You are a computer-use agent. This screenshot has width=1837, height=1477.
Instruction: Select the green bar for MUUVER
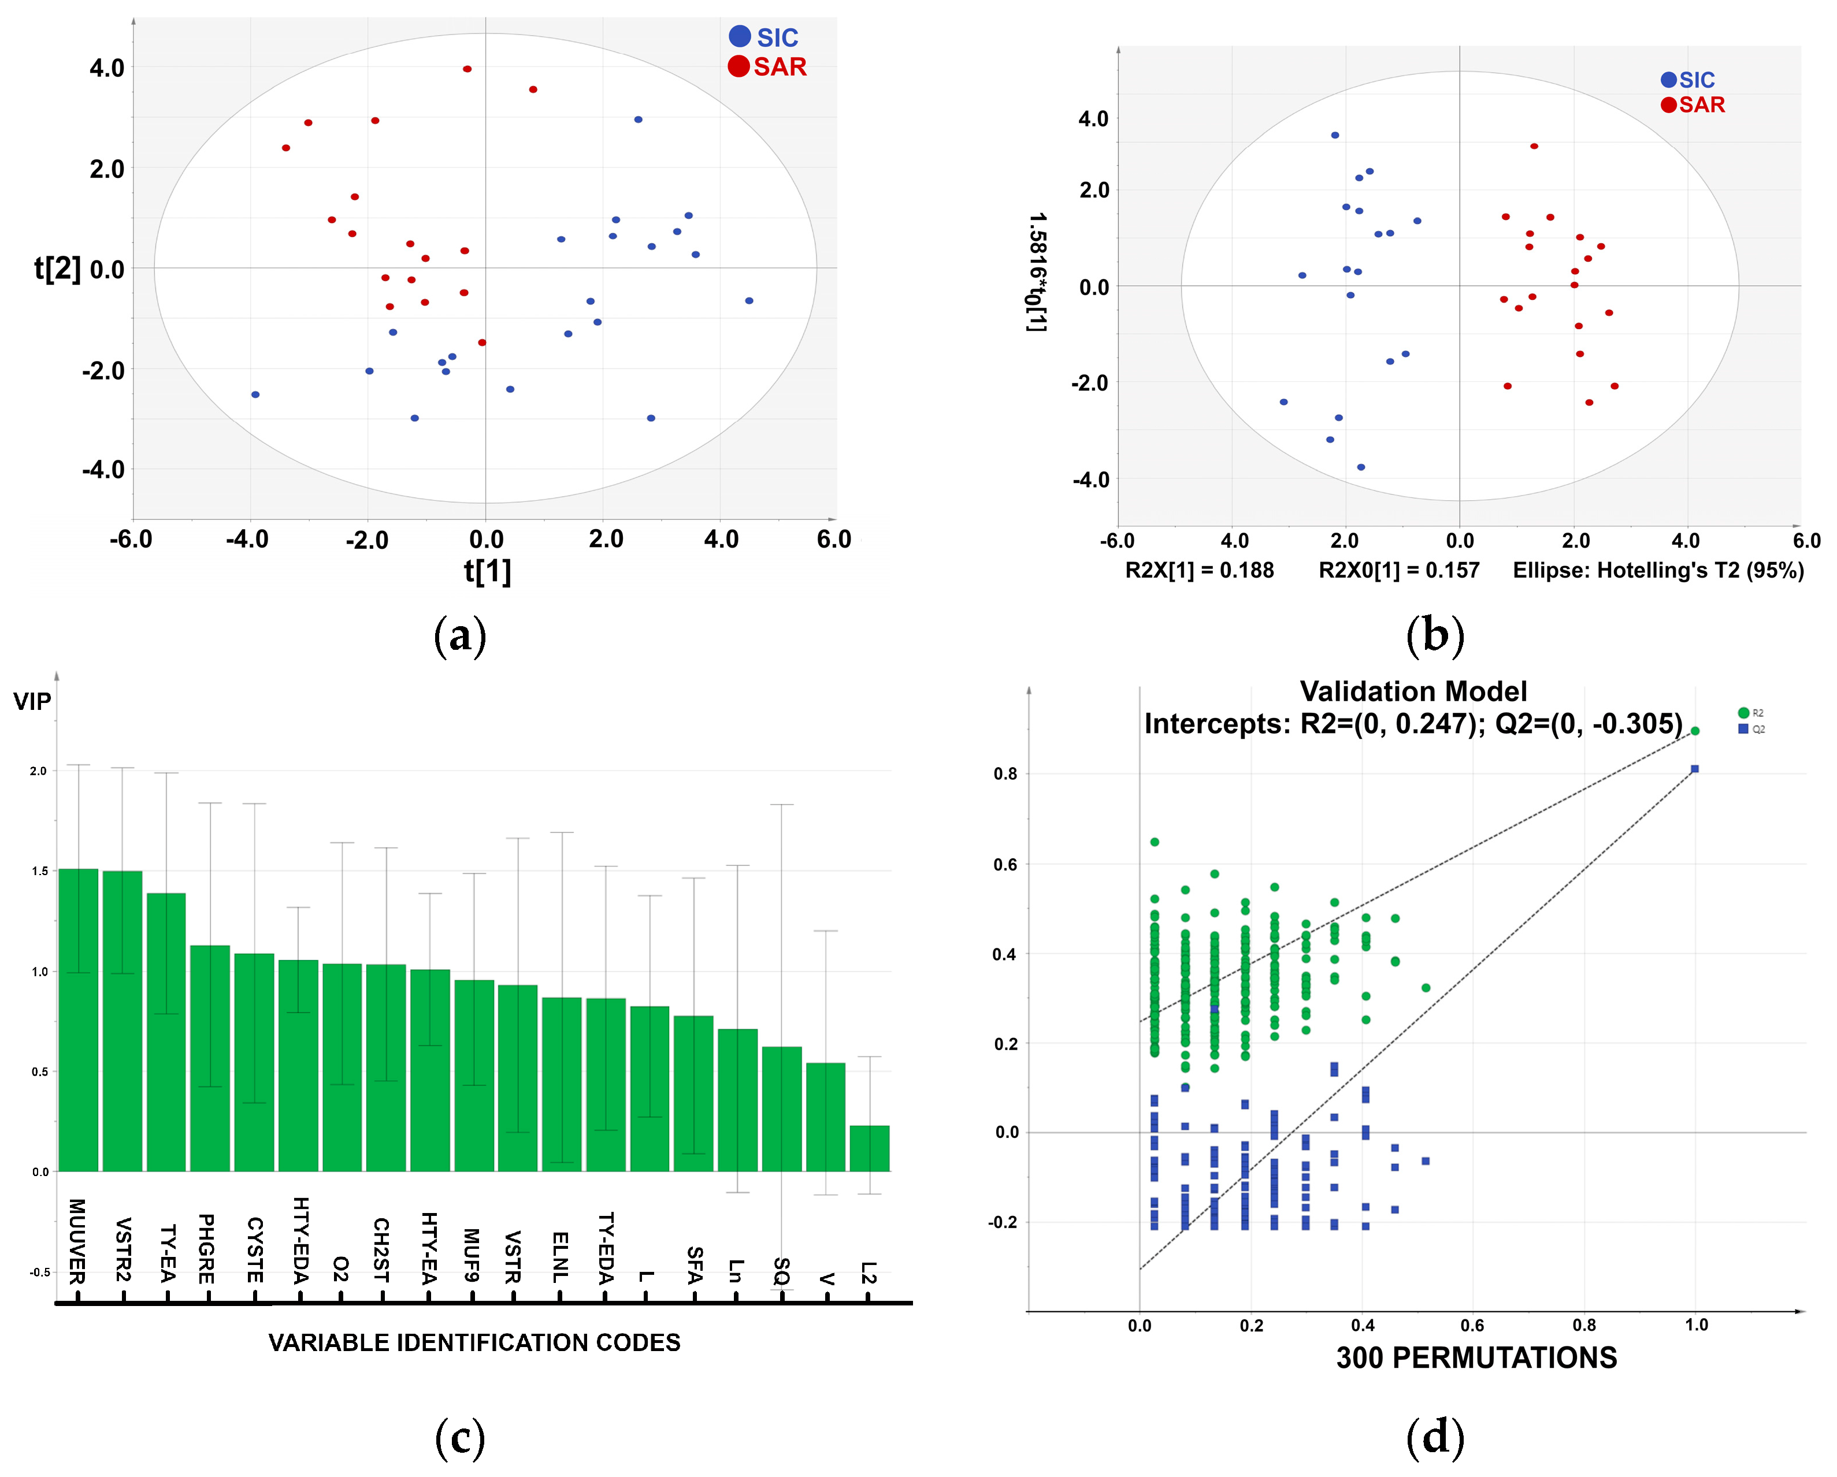tap(79, 1022)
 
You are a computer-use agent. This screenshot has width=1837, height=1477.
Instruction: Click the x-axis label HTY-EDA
tap(300, 1240)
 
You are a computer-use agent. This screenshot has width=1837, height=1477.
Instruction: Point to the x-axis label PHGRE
tap(206, 1248)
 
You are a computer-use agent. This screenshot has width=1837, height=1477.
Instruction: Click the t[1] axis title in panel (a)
tap(487, 571)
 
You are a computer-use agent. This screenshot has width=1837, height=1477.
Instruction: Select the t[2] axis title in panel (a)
tap(57, 269)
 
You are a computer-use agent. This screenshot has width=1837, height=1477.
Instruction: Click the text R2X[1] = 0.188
tap(1199, 570)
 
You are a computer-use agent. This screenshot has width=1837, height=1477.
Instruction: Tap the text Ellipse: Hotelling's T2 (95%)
tap(1657, 570)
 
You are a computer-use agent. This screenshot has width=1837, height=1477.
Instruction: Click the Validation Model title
tap(1413, 691)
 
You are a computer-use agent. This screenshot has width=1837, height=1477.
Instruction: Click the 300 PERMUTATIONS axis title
tap(1476, 1357)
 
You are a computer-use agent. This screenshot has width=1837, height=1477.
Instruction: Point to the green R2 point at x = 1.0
tap(1695, 731)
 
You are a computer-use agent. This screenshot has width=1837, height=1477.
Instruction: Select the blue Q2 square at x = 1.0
tap(1695, 769)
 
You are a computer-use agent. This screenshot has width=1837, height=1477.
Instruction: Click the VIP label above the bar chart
tap(32, 701)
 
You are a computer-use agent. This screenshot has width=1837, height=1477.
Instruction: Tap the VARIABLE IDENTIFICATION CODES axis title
tap(474, 1342)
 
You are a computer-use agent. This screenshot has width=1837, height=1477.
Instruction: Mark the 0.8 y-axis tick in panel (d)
tap(1005, 774)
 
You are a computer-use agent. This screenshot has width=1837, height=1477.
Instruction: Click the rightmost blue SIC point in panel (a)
tap(749, 301)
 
